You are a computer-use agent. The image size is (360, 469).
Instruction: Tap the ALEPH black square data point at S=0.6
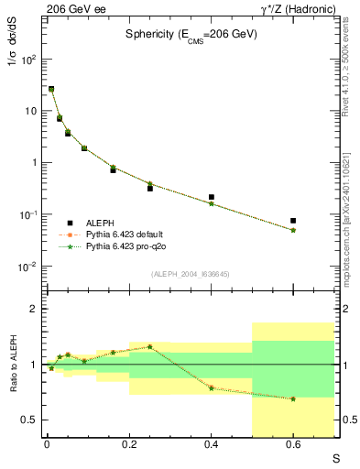tap(293, 221)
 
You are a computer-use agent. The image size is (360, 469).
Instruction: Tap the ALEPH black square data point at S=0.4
tap(212, 197)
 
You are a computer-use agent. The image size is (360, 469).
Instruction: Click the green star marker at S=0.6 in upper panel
tap(293, 230)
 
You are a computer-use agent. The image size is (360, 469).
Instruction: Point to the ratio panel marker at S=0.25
tap(150, 347)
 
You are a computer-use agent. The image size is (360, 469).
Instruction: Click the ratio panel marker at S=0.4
tap(212, 387)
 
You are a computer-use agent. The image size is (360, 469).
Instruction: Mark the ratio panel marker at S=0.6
tap(293, 398)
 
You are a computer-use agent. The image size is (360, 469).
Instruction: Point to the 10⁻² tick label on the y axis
tap(28, 267)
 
